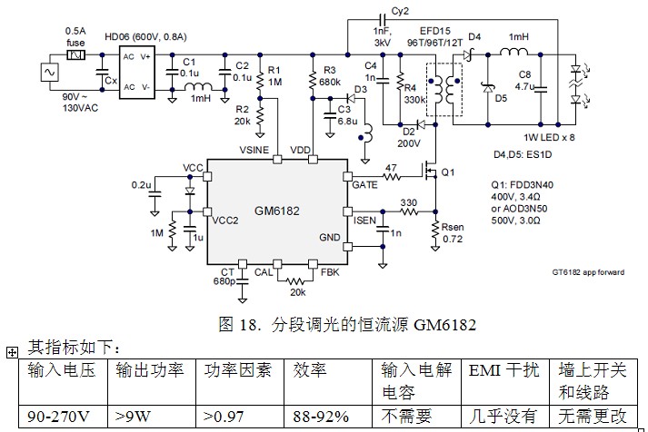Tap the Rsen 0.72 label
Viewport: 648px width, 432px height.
click(x=453, y=232)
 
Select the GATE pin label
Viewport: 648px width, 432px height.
click(x=365, y=183)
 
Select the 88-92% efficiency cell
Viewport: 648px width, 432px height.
click(x=322, y=417)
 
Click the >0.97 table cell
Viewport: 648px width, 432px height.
click(x=226, y=417)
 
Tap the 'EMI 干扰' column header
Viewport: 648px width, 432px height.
click(x=503, y=370)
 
